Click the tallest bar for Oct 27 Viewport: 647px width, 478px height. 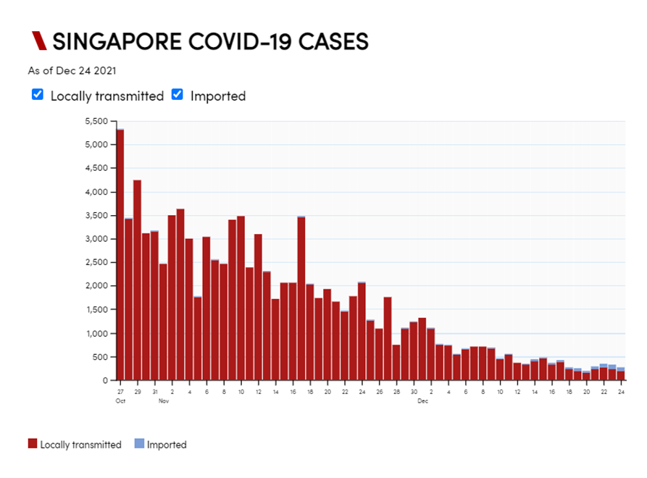120,253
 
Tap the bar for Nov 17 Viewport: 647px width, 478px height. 301,298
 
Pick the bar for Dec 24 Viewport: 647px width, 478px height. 621,374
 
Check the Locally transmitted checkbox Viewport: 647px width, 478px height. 38,95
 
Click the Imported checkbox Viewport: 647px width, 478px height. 178,95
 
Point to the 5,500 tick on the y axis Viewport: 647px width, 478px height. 96,121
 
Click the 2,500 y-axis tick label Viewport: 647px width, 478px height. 96,263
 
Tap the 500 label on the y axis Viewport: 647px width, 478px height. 100,357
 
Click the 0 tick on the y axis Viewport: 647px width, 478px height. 105,381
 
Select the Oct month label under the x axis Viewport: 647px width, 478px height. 120,401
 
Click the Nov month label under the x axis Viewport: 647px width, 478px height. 164,401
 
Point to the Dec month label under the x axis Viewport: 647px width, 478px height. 422,401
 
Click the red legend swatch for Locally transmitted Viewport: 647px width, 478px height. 33,444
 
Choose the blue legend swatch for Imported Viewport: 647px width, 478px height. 139,444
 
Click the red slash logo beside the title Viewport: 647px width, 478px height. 39,41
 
